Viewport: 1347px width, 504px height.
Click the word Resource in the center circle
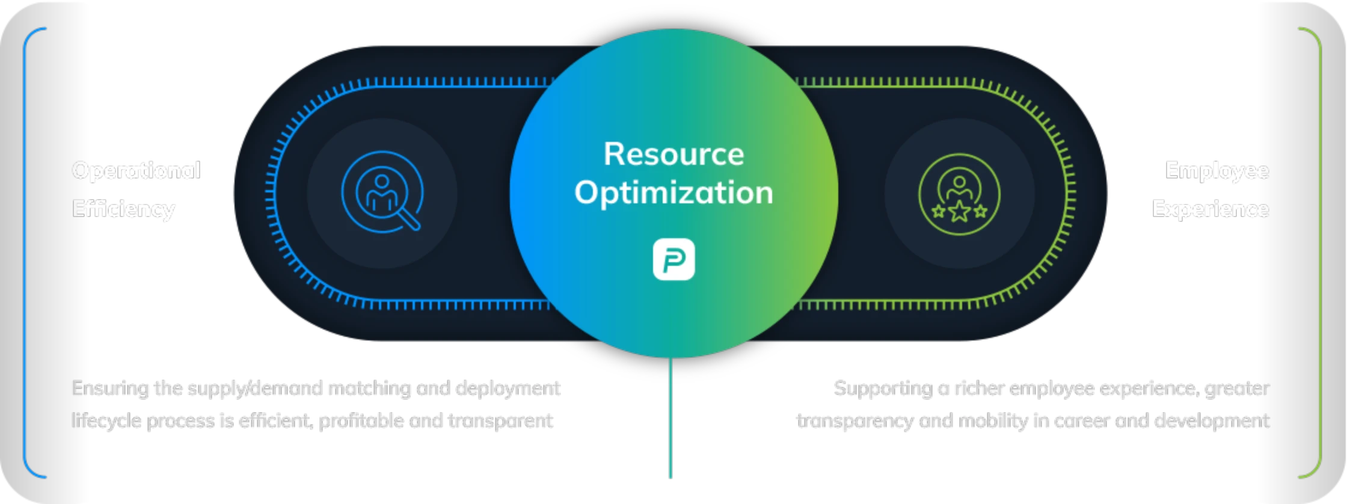click(x=673, y=154)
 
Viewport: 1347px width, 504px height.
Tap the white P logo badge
click(x=673, y=260)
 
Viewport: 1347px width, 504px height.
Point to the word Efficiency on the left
click(x=123, y=209)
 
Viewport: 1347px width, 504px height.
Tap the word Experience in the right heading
click(x=1210, y=209)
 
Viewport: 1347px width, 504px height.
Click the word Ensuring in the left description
click(x=110, y=389)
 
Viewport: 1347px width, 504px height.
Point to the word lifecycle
click(x=106, y=420)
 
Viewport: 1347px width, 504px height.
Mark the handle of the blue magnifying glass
click(x=410, y=220)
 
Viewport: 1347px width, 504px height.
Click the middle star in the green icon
click(x=959, y=211)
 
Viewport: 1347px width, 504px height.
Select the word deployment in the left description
click(x=508, y=389)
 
